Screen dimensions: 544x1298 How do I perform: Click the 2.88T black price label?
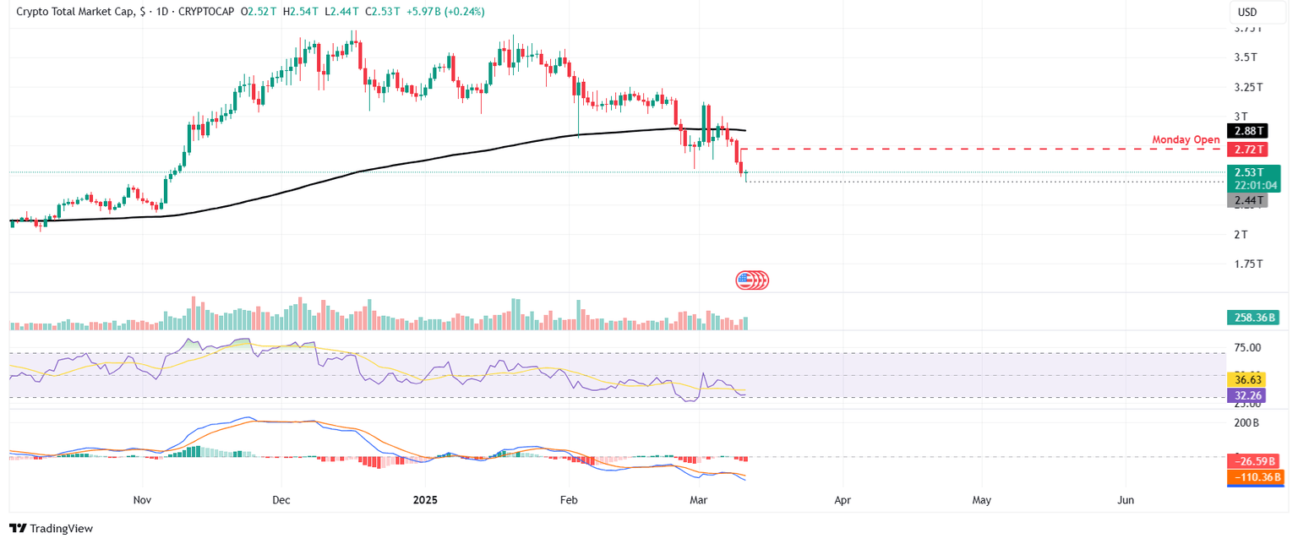click(x=1246, y=131)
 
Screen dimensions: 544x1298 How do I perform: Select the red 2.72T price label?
click(x=1246, y=150)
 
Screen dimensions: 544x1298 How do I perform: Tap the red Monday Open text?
click(x=1186, y=139)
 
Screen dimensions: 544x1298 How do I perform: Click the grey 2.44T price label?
click(x=1246, y=200)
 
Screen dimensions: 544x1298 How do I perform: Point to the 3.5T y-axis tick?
click(x=1245, y=57)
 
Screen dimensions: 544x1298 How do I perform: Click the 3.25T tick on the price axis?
click(x=1247, y=87)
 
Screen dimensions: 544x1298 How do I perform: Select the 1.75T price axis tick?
click(x=1247, y=264)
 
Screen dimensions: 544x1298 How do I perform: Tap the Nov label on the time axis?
click(x=142, y=500)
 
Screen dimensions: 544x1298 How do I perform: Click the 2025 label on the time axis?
click(x=424, y=500)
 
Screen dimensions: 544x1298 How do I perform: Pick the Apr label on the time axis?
click(x=842, y=500)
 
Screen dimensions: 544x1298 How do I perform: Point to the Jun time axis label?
click(x=1126, y=500)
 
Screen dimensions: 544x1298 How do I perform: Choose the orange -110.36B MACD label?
click(x=1255, y=477)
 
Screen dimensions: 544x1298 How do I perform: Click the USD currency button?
click(x=1246, y=13)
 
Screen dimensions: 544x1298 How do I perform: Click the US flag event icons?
click(x=752, y=280)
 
